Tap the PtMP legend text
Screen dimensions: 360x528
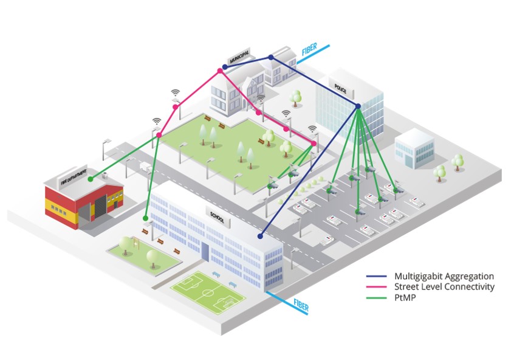click(405, 297)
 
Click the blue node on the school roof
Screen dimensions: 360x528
click(260, 236)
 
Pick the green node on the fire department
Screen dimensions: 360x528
click(91, 179)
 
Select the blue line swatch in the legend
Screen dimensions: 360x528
click(377, 276)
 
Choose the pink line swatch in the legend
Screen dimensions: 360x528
click(377, 287)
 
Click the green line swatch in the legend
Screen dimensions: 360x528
click(377, 298)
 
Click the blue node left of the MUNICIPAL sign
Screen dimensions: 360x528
click(219, 71)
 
